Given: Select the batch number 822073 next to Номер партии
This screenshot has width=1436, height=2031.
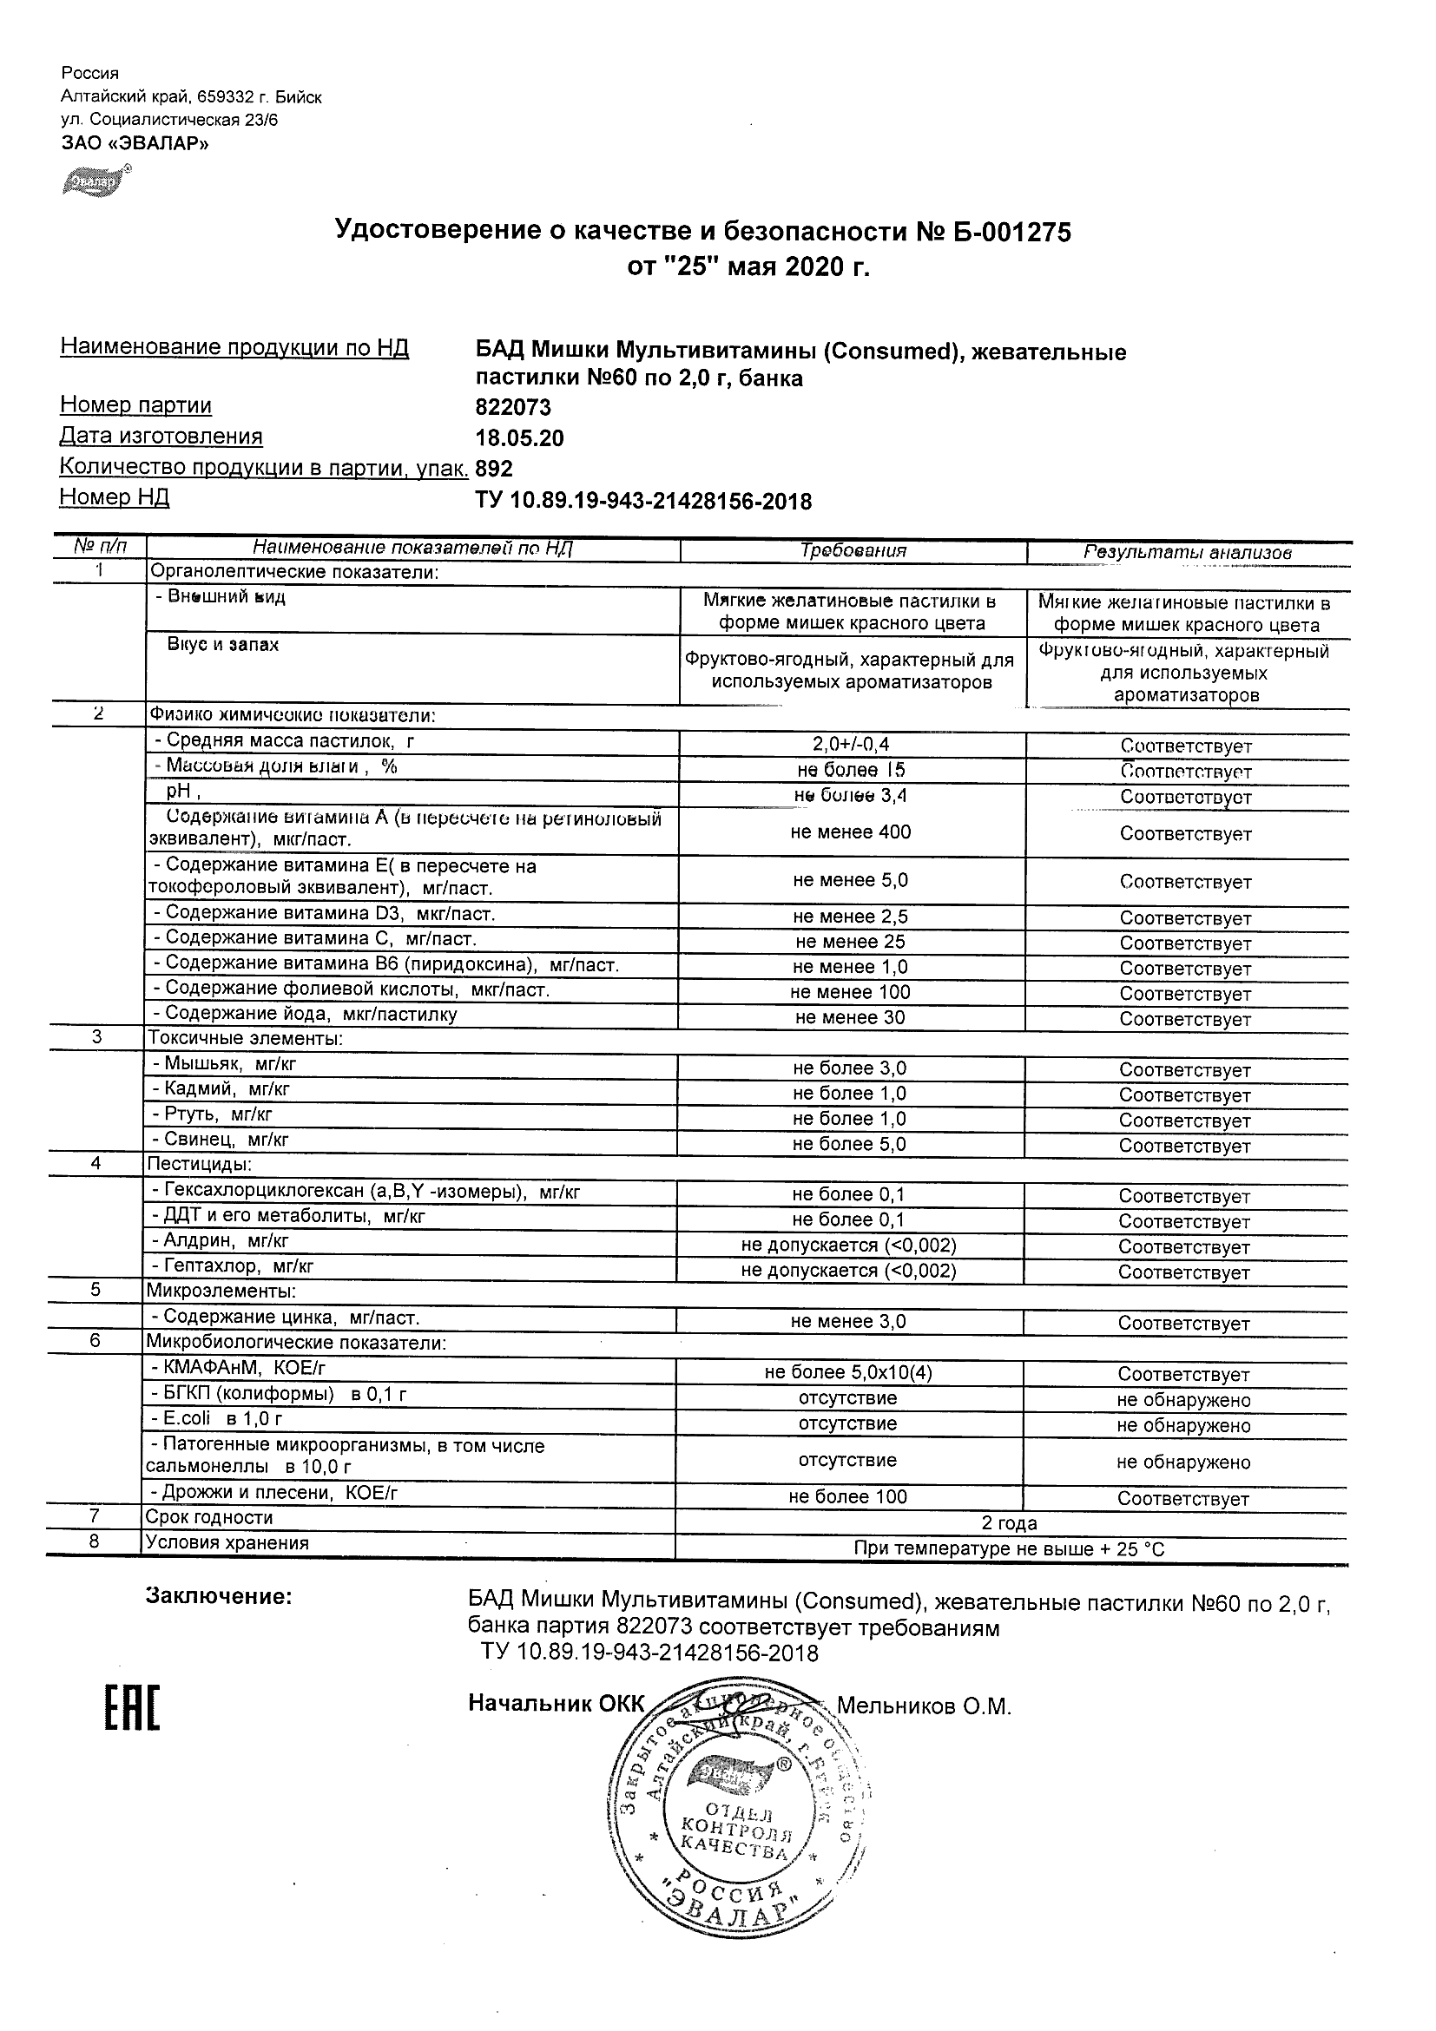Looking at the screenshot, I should tap(513, 408).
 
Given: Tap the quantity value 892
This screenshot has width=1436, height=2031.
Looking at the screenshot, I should tap(494, 469).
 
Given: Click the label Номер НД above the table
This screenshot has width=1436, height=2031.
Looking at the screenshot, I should tap(114, 497).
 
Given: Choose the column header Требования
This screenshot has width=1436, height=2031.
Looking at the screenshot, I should tap(853, 550).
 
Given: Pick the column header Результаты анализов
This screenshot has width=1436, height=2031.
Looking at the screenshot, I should tap(1188, 552).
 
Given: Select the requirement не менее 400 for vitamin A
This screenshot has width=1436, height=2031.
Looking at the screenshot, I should tap(850, 831).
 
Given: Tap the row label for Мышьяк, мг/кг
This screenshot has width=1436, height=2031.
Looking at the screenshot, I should tap(225, 1064).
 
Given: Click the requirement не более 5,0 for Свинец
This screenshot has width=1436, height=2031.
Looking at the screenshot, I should tap(849, 1144).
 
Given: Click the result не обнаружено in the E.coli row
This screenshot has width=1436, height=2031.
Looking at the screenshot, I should tap(1183, 1425).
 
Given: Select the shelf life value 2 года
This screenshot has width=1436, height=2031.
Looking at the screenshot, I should tap(1010, 1522).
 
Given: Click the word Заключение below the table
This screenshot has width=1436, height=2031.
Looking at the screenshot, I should tap(219, 1597).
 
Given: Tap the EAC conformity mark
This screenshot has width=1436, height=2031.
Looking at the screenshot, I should tap(133, 1707).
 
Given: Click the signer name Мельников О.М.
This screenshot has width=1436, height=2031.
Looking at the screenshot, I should tap(924, 1706).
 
